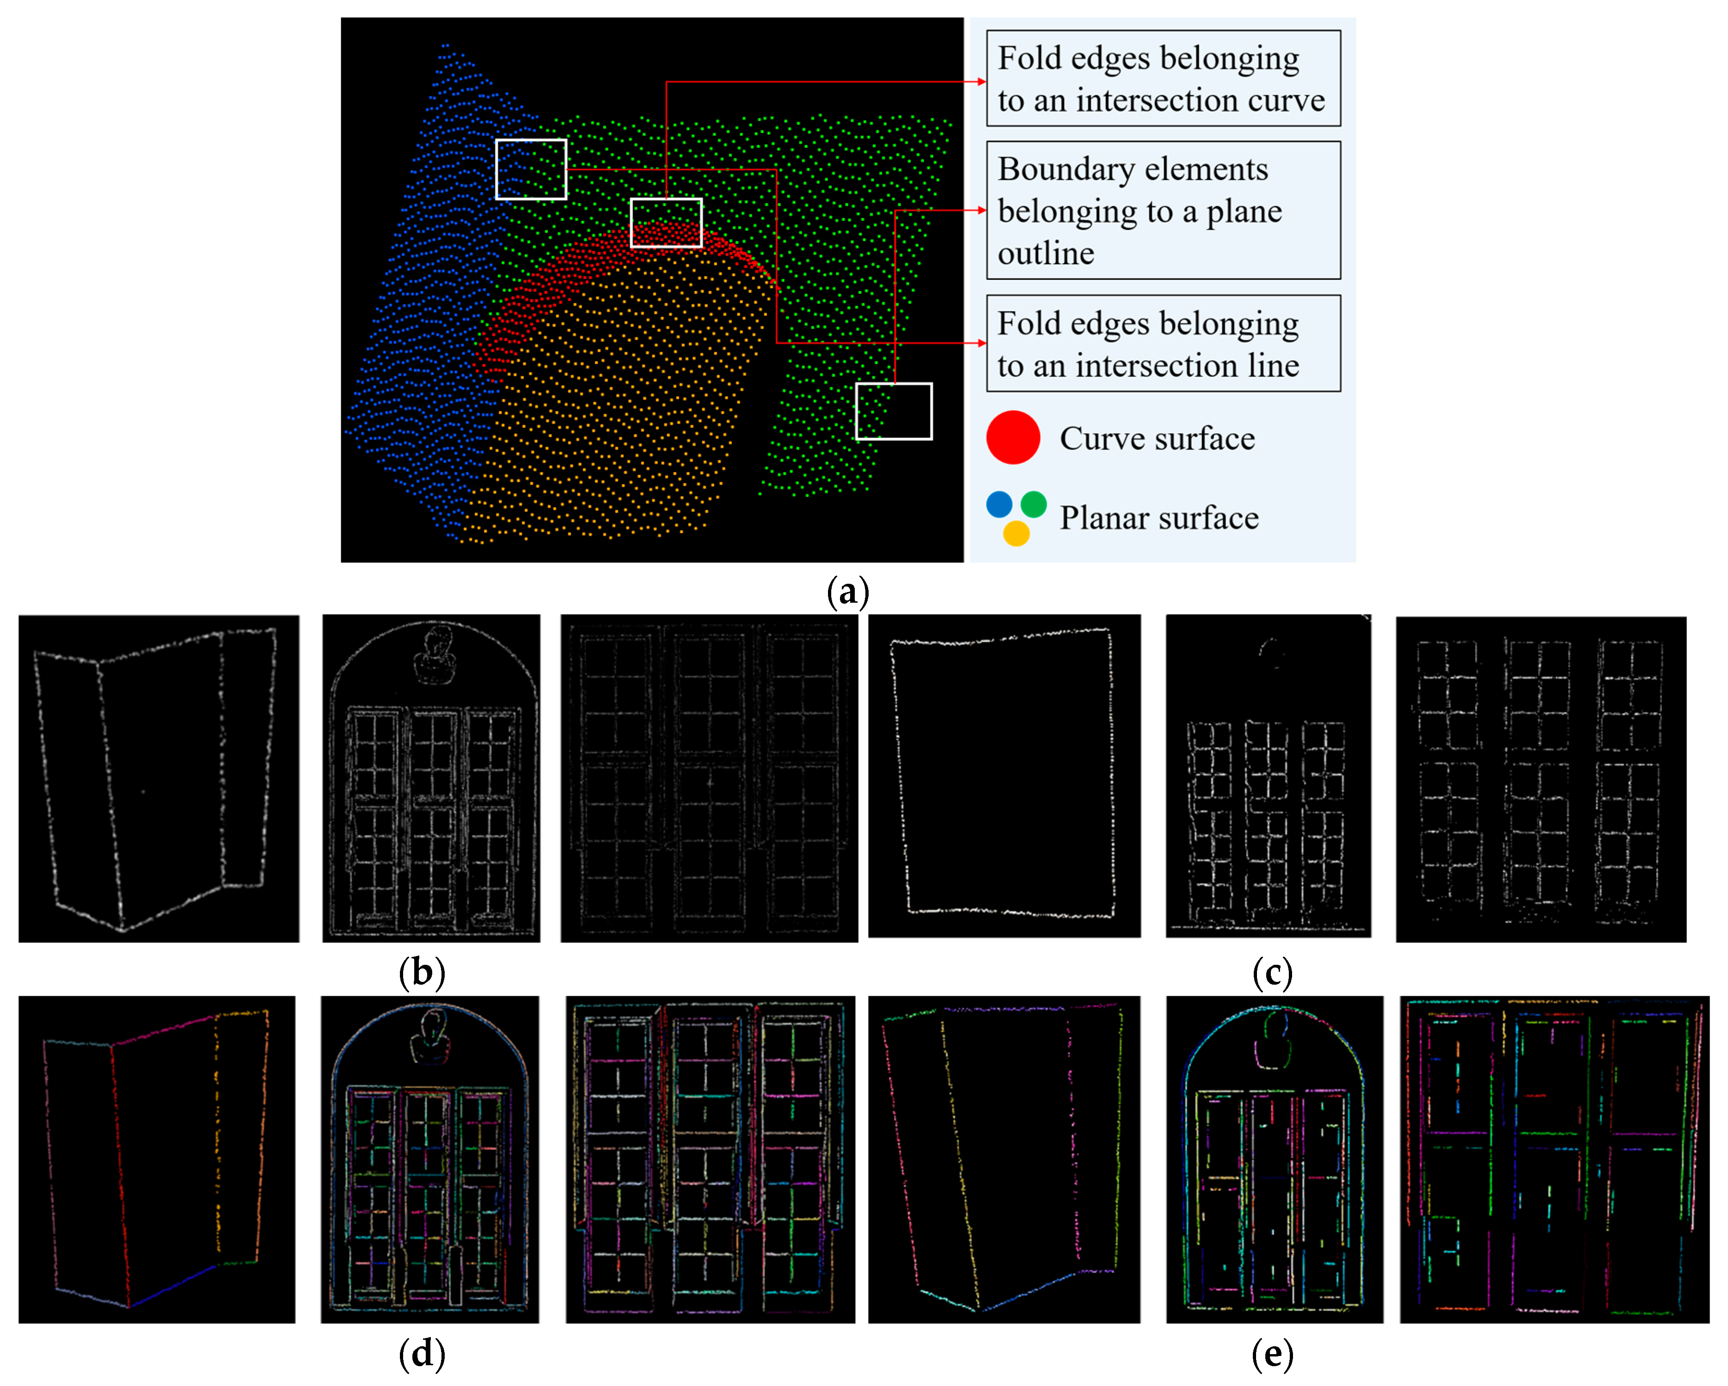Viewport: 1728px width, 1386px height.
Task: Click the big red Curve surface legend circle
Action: pyautogui.click(x=1013, y=438)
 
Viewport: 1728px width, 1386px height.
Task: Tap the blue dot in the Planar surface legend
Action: pyautogui.click(x=999, y=504)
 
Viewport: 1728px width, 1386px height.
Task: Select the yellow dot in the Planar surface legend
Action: pyautogui.click(x=1016, y=533)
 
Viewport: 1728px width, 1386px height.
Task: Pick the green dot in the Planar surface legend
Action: pyautogui.click(x=1034, y=504)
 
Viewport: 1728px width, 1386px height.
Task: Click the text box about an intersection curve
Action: pyautogui.click(x=1163, y=79)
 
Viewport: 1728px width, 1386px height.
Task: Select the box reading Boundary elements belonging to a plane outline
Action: pyautogui.click(x=1163, y=210)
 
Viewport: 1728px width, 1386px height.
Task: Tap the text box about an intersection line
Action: pyautogui.click(x=1163, y=343)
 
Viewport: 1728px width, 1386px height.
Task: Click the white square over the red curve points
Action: pyautogui.click(x=666, y=223)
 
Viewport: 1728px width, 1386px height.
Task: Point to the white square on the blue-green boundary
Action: pyautogui.click(x=531, y=169)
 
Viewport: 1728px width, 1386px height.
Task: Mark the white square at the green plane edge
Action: pyautogui.click(x=894, y=411)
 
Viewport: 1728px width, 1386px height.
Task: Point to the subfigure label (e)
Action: pyautogui.click(x=1272, y=1354)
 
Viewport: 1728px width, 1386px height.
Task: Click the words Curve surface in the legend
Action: pyautogui.click(x=1157, y=438)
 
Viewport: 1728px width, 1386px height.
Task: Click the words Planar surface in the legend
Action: pyautogui.click(x=1159, y=518)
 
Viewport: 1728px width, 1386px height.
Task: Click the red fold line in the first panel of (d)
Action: pyautogui.click(x=120, y=1170)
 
